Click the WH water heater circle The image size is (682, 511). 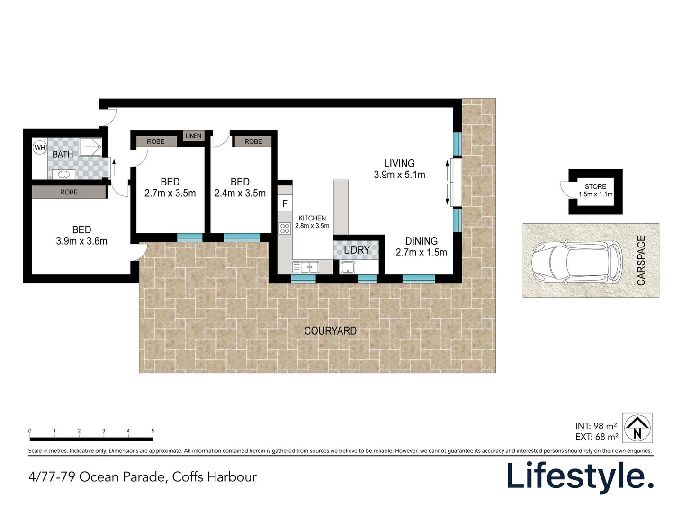click(x=40, y=148)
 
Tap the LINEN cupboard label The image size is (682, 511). click(x=193, y=136)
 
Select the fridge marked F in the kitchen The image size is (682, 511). click(x=285, y=204)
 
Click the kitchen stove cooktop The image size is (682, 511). click(x=285, y=229)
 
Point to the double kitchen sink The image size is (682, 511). click(x=305, y=267)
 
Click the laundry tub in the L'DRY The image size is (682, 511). click(x=348, y=267)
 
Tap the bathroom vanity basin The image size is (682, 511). click(x=63, y=175)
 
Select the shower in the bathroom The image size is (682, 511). click(x=90, y=147)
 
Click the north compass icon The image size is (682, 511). click(x=637, y=427)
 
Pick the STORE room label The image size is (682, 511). click(x=595, y=186)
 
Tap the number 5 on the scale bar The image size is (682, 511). click(x=153, y=431)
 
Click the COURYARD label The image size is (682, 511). click(x=330, y=331)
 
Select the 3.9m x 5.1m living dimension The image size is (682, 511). click(x=399, y=175)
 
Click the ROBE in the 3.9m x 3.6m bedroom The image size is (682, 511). click(x=69, y=192)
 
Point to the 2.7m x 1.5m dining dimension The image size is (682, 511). click(x=421, y=253)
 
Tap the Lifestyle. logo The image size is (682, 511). click(x=580, y=476)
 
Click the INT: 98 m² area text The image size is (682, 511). click(x=596, y=426)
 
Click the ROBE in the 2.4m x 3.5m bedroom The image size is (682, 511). click(x=253, y=141)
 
